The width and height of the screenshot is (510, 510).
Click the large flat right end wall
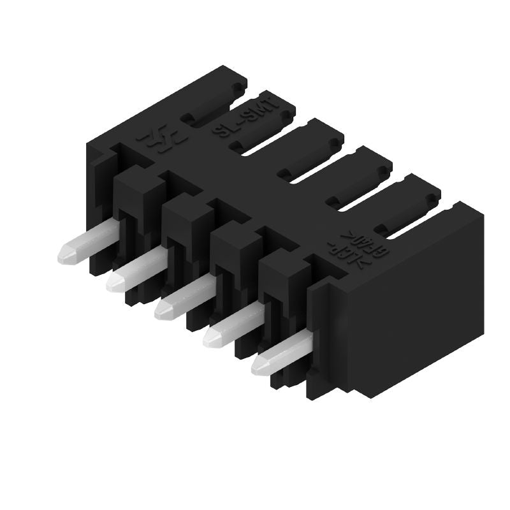point(414,306)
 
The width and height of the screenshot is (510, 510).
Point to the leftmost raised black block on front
point(139,185)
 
